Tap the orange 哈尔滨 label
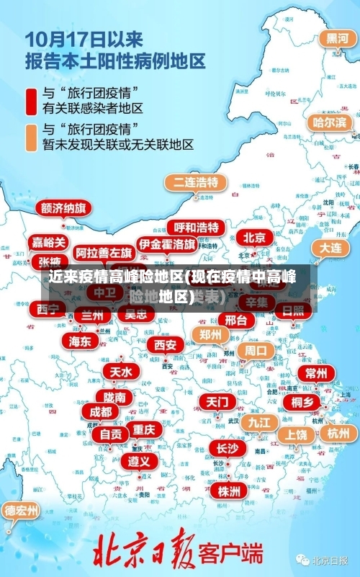(329, 122)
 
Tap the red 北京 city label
(254, 238)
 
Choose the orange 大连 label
(331, 247)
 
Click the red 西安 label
(165, 345)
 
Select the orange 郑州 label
(211, 334)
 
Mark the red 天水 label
(120, 372)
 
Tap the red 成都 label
(101, 411)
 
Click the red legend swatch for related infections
(31, 100)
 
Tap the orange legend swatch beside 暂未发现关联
(31, 136)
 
